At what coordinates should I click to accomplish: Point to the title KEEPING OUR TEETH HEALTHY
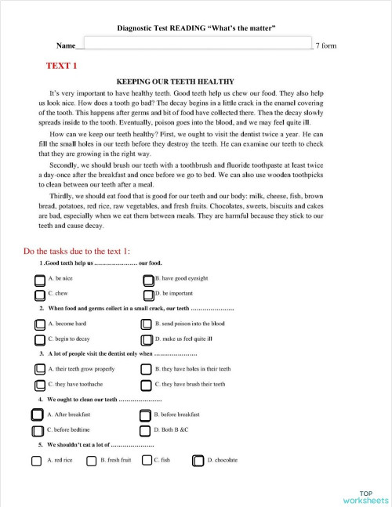(x=175, y=81)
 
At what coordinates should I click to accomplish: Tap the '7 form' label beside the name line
(x=325, y=46)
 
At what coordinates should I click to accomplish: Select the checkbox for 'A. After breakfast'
(x=37, y=415)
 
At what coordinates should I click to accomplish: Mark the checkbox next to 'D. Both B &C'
(x=145, y=431)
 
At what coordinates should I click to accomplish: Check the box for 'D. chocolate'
(x=198, y=461)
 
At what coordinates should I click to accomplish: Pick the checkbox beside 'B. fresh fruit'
(x=91, y=461)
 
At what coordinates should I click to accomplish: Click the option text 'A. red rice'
(x=60, y=461)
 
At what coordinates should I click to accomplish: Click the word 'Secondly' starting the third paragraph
(x=64, y=166)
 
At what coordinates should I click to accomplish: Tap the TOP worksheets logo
(x=365, y=496)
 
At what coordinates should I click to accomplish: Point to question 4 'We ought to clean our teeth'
(x=93, y=400)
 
